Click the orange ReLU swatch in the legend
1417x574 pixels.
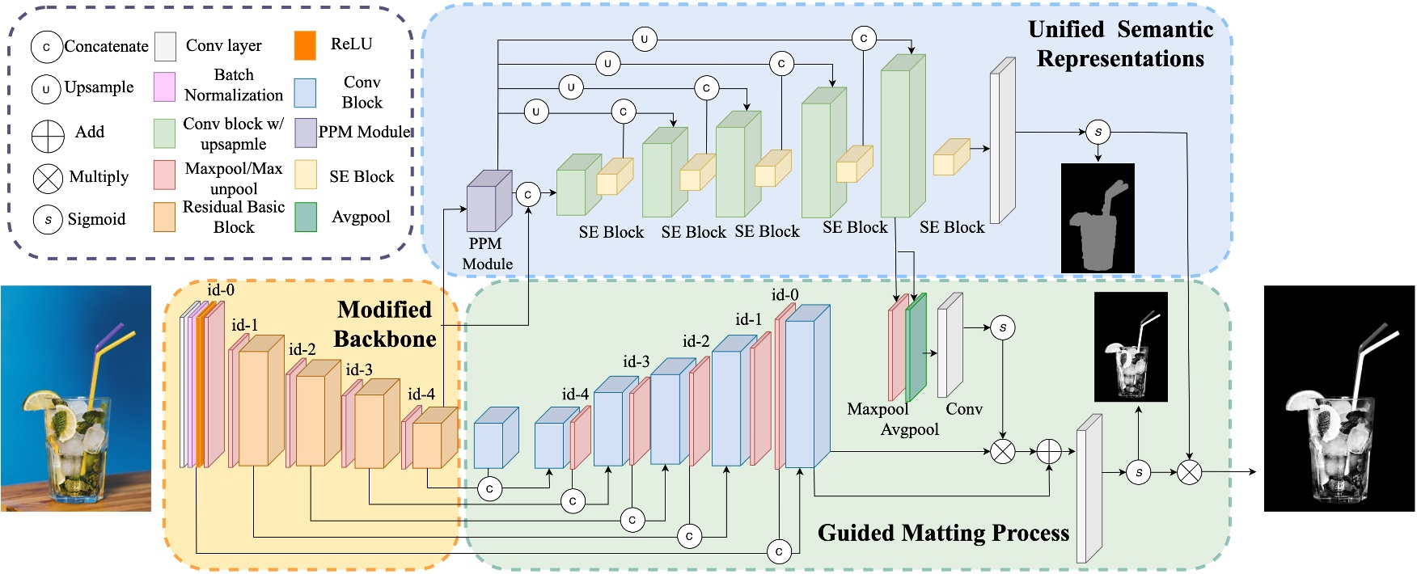(x=305, y=46)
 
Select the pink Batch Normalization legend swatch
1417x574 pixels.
(x=164, y=87)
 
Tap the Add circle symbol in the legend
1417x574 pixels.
(x=48, y=136)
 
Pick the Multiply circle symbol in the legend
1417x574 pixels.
(x=48, y=179)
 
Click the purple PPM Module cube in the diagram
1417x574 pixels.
(x=489, y=201)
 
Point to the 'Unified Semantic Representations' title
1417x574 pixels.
(x=1120, y=44)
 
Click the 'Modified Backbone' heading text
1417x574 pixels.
(x=385, y=324)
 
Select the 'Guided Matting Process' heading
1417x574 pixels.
(x=943, y=533)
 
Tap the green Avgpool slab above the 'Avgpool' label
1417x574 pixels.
(x=916, y=348)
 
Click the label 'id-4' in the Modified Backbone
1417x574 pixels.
(x=421, y=395)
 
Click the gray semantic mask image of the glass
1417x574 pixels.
(x=1097, y=217)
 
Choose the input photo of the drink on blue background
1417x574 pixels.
(x=75, y=398)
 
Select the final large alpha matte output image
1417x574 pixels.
(x=1339, y=399)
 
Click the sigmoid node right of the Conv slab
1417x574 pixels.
(x=1003, y=327)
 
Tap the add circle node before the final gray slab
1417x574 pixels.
(x=1048, y=451)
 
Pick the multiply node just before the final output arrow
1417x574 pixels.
(x=1189, y=472)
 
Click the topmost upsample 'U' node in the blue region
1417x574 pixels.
(x=645, y=39)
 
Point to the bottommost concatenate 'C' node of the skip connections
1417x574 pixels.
(x=779, y=552)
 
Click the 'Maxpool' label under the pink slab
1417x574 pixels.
(x=878, y=409)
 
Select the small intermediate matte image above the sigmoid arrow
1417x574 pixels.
(x=1130, y=347)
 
